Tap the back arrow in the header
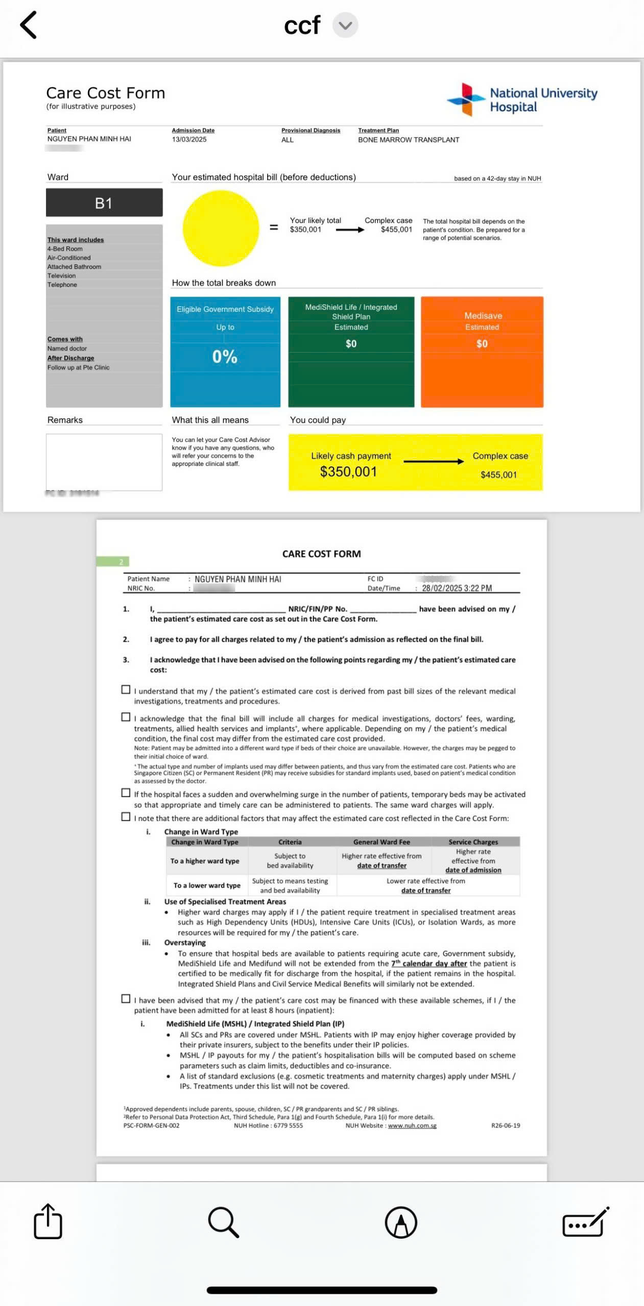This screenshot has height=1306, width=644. pos(29,25)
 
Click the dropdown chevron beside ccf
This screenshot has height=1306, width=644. pos(345,26)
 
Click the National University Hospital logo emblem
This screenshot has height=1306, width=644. pos(465,99)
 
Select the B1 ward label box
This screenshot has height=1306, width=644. pos(104,203)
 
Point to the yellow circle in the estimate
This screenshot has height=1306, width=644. pos(221,228)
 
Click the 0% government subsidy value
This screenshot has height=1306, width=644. pos(225,357)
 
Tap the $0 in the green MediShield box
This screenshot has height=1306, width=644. pos(351,344)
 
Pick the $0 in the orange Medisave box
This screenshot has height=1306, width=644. pos(482,344)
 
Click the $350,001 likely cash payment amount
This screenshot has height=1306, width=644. pos(348,472)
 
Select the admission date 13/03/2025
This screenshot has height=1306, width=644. pos(189,139)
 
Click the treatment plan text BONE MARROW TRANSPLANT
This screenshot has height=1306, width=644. pos(409,140)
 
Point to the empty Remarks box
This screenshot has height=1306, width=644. pos(104,462)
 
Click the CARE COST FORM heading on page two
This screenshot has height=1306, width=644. pos(321,554)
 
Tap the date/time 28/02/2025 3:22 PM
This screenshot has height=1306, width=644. pos(457,588)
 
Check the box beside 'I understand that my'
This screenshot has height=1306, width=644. pos(126,690)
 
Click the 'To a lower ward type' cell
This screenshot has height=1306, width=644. pos(207,886)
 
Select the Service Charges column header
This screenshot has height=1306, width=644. pos(473,842)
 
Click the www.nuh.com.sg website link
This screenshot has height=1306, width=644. pos(412,1126)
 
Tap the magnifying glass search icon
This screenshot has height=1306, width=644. pos(224,1222)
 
